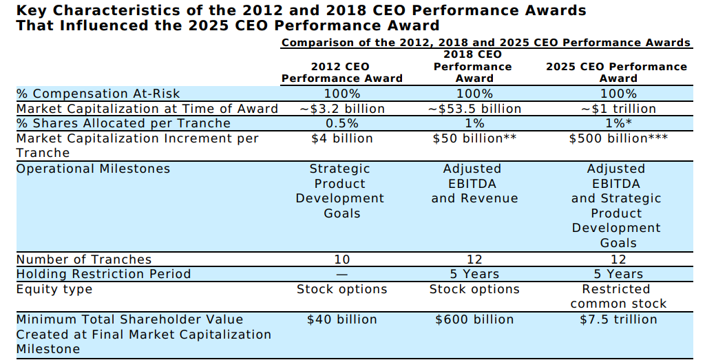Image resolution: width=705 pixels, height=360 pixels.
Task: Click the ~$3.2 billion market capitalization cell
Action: pos(341,109)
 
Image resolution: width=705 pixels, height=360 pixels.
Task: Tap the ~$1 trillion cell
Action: pos(618,109)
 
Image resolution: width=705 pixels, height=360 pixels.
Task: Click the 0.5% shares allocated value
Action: pos(341,123)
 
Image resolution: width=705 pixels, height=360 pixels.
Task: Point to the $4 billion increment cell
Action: pos(341,138)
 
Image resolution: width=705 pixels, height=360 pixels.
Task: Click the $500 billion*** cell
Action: pos(618,138)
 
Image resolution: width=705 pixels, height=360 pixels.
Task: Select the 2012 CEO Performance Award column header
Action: pos(341,72)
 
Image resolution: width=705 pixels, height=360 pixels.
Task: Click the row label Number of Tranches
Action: pos(84,260)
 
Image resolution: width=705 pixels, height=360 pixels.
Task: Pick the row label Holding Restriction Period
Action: pos(103,274)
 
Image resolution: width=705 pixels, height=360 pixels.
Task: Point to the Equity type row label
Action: pos(54,289)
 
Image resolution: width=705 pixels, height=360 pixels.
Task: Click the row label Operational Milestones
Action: pos(93,169)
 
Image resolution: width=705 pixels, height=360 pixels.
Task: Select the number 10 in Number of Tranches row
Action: pos(341,260)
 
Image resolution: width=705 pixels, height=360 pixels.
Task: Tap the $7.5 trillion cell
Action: pos(618,319)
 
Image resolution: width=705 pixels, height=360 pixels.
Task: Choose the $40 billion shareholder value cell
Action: pos(341,319)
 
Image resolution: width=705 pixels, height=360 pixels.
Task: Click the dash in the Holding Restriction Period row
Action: pos(341,274)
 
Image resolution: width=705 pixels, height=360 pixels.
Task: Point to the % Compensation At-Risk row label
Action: pos(98,94)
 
